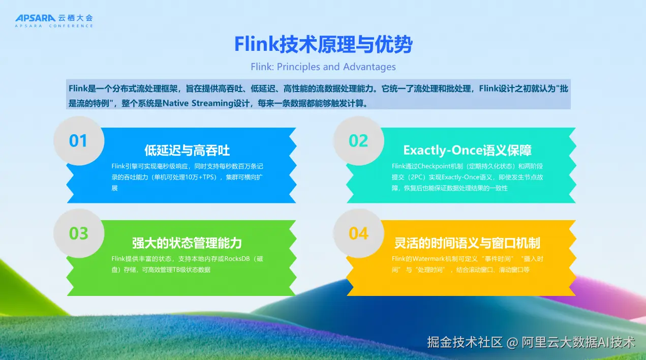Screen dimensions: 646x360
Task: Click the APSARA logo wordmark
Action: pyautogui.click(x=35, y=18)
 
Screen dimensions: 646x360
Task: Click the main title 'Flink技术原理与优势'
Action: pyautogui.click(x=323, y=44)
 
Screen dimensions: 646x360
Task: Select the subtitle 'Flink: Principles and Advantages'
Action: pyautogui.click(x=323, y=67)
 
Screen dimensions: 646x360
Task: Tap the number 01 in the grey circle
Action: pyautogui.click(x=78, y=141)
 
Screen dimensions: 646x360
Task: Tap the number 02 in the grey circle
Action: pyautogui.click(x=358, y=141)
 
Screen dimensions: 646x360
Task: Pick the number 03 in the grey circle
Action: pyautogui.click(x=78, y=233)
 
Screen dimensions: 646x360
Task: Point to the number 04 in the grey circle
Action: pyautogui.click(x=358, y=233)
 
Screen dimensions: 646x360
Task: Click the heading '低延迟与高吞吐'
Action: pyautogui.click(x=187, y=151)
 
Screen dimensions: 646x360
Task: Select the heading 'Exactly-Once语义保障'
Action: pyautogui.click(x=467, y=151)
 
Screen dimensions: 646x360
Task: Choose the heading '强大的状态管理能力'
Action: pyautogui.click(x=187, y=243)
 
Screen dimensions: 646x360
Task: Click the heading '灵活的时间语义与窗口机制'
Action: pyautogui.click(x=467, y=243)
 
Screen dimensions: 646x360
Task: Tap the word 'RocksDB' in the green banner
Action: pyautogui.click(x=237, y=259)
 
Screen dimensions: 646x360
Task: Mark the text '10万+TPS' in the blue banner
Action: pyautogui.click(x=201, y=177)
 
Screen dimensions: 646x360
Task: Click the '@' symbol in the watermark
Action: pyautogui.click(x=512, y=343)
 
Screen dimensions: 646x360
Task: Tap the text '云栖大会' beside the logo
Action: pyautogui.click(x=76, y=18)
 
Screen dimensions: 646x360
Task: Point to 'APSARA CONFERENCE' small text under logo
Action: pyautogui.click(x=54, y=26)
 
